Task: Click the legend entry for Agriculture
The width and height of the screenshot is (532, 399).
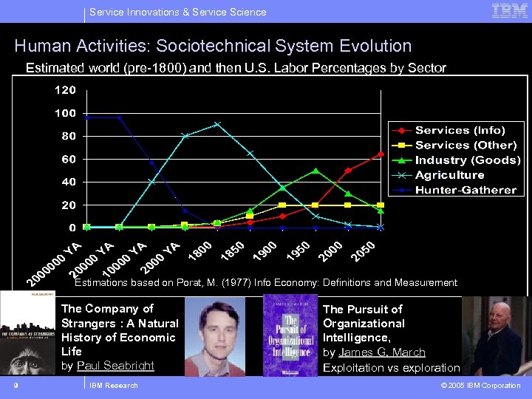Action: point(449,175)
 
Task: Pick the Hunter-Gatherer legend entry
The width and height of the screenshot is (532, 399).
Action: point(465,190)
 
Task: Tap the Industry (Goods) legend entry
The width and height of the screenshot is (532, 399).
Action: point(467,160)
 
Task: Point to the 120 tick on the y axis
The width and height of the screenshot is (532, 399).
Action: point(64,90)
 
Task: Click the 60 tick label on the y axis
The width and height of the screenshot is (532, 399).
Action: point(68,159)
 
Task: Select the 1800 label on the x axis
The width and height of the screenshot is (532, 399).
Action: point(200,252)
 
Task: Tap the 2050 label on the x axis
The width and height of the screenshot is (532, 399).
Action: point(364,252)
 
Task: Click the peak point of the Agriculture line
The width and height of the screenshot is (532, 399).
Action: point(217,124)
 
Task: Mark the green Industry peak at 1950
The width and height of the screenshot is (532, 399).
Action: point(316,171)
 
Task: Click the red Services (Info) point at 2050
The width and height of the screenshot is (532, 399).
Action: point(381,154)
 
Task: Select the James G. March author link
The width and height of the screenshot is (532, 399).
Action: point(382,352)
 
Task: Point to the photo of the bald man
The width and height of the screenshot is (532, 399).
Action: point(495,336)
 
